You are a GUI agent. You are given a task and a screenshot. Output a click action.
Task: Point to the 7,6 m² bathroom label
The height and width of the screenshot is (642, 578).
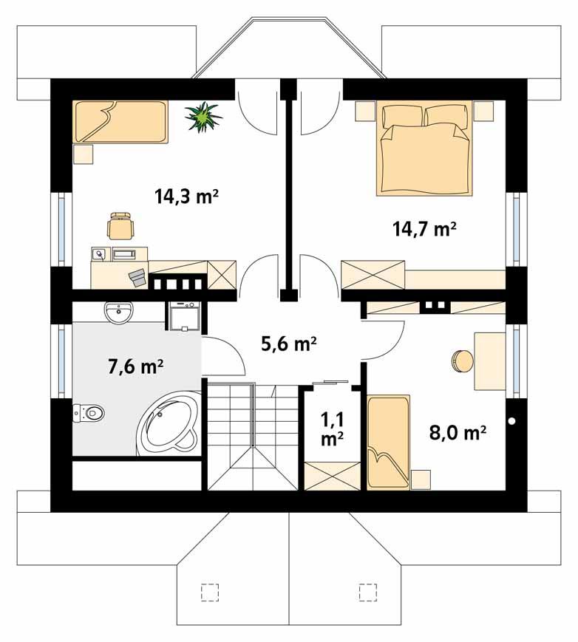(x=135, y=366)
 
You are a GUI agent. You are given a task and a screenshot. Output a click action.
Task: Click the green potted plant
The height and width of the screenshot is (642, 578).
(x=203, y=116)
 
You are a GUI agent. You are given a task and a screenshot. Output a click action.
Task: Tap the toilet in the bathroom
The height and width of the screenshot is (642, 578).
(x=89, y=413)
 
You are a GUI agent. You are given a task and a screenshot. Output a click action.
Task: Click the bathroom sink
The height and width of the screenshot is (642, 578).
(x=118, y=313)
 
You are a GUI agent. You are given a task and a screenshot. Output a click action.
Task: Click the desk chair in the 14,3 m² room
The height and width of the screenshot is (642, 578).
(x=120, y=225)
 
